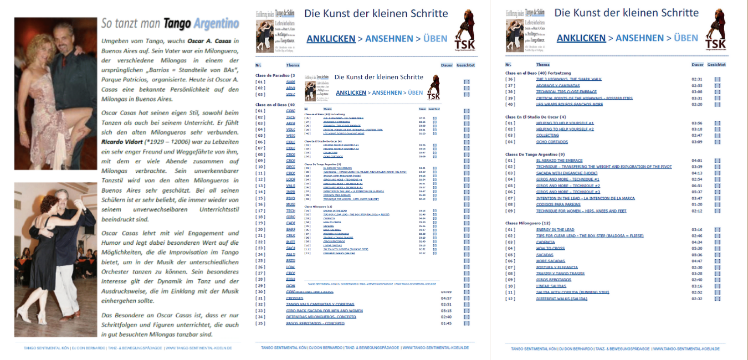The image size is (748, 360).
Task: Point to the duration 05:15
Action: coord(446,311)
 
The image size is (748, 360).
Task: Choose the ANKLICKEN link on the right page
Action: coord(581,38)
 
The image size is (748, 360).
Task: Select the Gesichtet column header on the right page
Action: coord(716,65)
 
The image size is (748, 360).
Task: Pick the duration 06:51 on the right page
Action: coord(697,186)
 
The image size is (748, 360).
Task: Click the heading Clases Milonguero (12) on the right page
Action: coord(527,223)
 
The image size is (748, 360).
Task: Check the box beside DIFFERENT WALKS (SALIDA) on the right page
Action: coord(718,299)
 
